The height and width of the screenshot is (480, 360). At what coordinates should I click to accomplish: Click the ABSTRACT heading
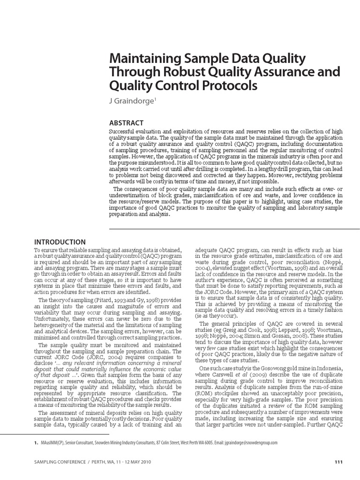(x=126, y=123)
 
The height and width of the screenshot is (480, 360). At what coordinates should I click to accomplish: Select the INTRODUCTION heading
(x=60, y=242)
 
